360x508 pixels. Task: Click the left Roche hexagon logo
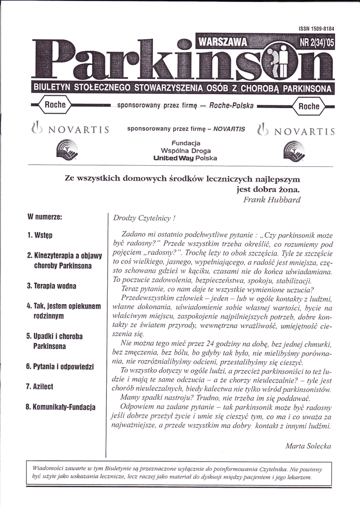pyautogui.click(x=52, y=105)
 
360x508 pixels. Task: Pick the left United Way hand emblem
pyautogui.click(x=66, y=151)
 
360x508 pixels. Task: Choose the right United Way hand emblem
pyautogui.click(x=292, y=151)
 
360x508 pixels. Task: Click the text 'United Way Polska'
pyautogui.click(x=185, y=158)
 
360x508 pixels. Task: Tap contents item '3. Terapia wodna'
pyautogui.click(x=51, y=286)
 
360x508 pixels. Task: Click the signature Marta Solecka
pyautogui.click(x=308, y=446)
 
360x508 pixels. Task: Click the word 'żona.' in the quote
pyautogui.click(x=289, y=189)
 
